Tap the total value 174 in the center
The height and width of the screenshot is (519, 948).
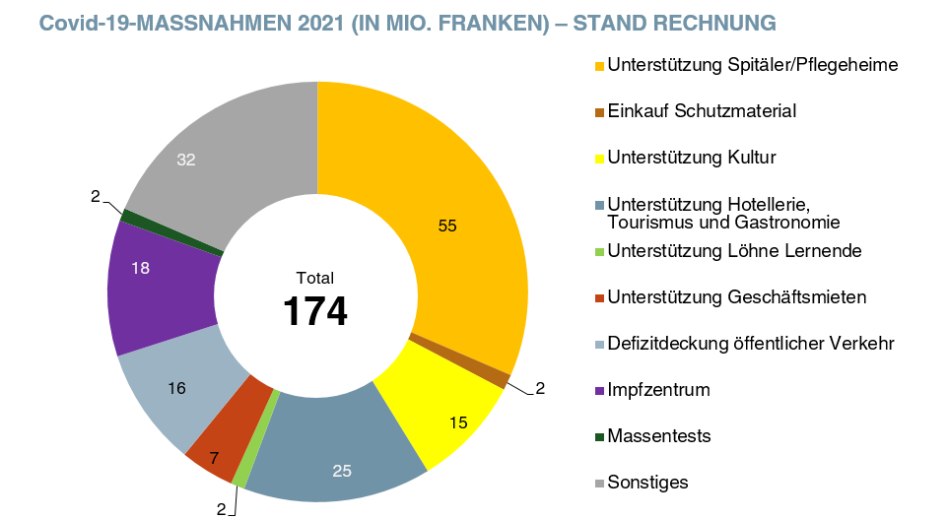[x=315, y=311]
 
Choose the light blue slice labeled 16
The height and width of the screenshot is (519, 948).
[x=177, y=389]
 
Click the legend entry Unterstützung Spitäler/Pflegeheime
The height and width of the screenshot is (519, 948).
[x=753, y=66]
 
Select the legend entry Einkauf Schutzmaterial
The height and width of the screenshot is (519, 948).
[x=702, y=111]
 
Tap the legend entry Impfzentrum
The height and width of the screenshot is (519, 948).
[x=658, y=390]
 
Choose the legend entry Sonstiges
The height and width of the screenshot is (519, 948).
[x=647, y=482]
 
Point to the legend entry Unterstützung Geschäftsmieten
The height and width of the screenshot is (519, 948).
[x=737, y=296]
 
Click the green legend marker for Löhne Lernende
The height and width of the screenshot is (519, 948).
[x=599, y=252]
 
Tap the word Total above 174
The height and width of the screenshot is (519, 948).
[x=315, y=279]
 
